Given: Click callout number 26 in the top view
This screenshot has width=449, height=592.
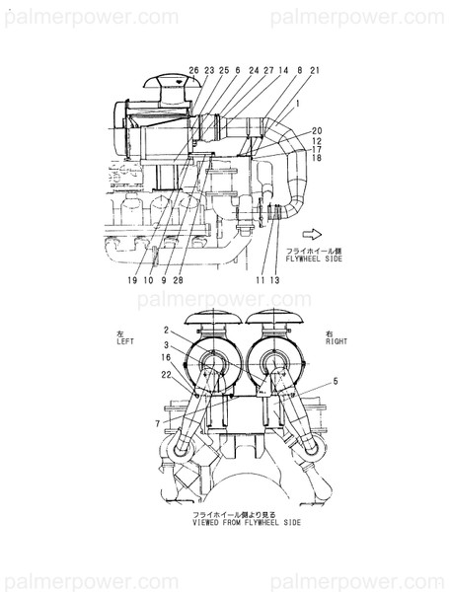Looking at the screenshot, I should tap(193, 71).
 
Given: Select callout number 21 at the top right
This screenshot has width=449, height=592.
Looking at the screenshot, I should tap(314, 71).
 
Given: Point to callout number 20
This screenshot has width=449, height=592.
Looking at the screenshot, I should tap(317, 131).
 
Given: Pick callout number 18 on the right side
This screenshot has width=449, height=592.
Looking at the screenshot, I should tap(316, 158).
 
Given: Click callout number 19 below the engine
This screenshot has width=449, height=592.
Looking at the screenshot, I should tap(131, 280).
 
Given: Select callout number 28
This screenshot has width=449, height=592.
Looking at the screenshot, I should tap(178, 280).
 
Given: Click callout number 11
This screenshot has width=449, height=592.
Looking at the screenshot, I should tap(259, 280).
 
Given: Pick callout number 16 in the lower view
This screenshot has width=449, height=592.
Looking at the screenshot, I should tap(166, 360).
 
